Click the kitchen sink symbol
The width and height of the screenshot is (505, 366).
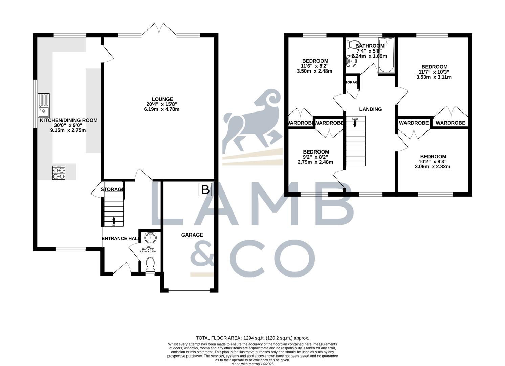44,105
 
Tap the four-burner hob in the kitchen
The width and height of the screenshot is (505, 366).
59,173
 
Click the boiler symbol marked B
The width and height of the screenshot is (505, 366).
205,190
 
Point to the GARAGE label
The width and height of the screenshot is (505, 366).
192,235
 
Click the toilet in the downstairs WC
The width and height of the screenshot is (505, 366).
149,264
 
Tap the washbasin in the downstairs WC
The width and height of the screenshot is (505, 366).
150,238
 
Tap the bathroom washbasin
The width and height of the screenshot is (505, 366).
350,61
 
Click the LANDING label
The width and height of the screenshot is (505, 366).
370,109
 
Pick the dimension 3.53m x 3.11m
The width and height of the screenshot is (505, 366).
434,77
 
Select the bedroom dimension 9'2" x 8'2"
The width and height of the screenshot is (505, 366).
315,157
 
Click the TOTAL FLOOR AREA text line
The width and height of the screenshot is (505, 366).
252,338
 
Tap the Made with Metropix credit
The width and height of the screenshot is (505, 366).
252,364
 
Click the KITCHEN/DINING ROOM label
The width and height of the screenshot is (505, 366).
69,120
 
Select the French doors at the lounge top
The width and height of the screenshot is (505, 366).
159,29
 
